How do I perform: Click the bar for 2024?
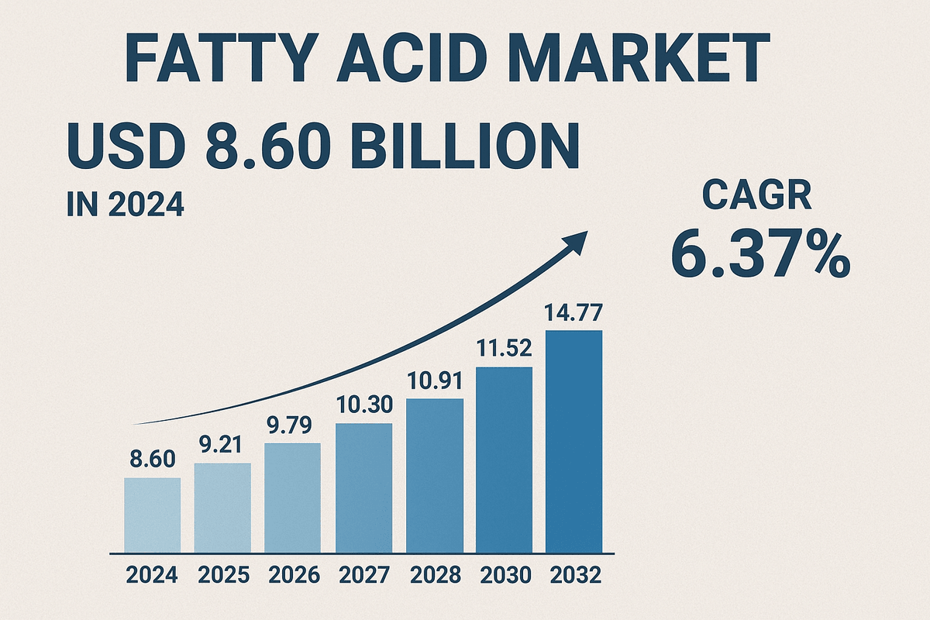(x=152, y=515)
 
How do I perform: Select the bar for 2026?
(x=293, y=498)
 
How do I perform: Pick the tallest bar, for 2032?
(x=574, y=441)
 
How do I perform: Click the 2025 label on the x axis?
(x=223, y=576)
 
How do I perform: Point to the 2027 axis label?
(x=364, y=576)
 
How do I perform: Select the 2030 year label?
(x=505, y=576)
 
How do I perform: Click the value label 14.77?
(x=574, y=315)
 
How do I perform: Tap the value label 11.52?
(x=505, y=350)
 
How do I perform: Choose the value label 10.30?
(x=364, y=405)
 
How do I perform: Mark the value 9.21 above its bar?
(x=223, y=446)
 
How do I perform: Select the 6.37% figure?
(x=759, y=255)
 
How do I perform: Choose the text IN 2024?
(x=125, y=206)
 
